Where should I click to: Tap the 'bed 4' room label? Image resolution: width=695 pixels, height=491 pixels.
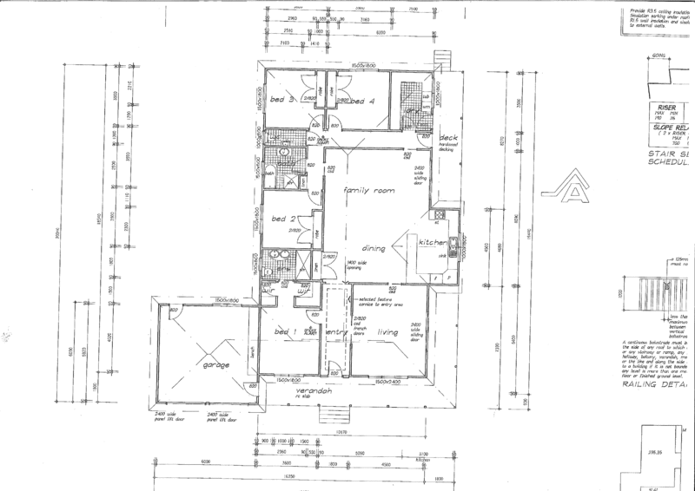point(362,101)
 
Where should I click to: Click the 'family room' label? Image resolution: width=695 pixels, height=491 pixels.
point(363,190)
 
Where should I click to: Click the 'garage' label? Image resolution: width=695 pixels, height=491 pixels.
point(216,365)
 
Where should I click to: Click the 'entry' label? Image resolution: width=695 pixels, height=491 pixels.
point(334,331)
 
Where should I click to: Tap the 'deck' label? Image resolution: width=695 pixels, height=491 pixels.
point(448,139)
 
